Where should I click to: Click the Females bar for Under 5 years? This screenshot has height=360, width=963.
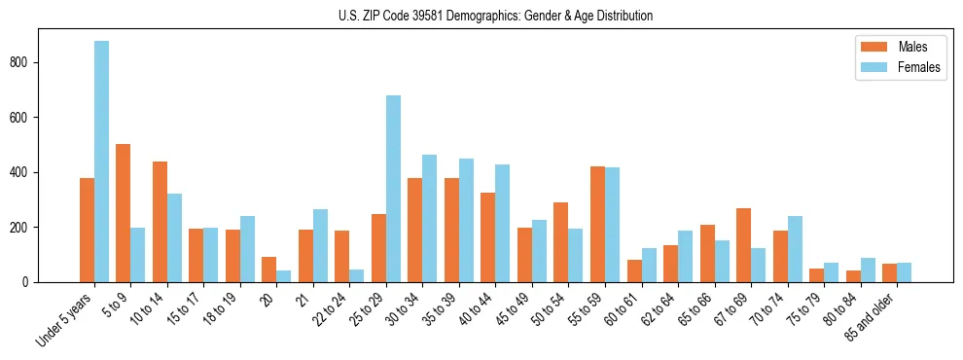(x=101, y=162)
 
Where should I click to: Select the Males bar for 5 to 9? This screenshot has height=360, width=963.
(x=124, y=213)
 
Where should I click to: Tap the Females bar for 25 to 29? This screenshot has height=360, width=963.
(x=393, y=189)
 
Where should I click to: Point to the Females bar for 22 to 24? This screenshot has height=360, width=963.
(x=357, y=275)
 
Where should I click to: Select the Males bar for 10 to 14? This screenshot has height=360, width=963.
(x=160, y=222)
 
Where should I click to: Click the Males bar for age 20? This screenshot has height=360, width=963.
(x=269, y=270)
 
